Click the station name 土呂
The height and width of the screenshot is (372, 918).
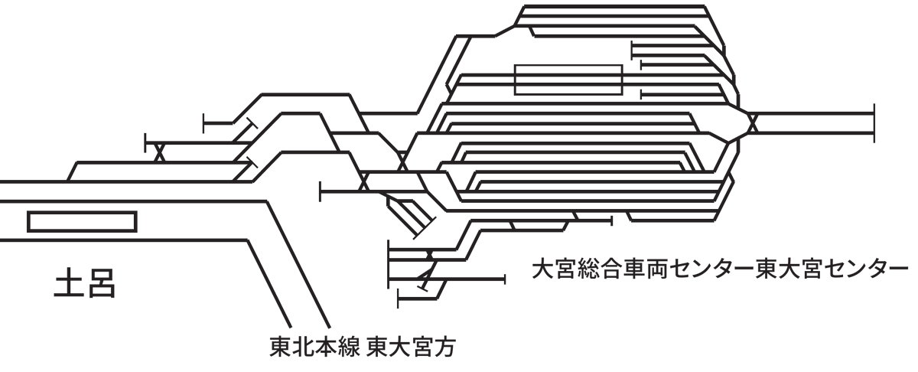click(84, 284)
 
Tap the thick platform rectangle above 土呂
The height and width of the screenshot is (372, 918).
click(82, 221)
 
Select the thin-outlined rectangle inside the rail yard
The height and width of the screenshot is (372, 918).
click(568, 80)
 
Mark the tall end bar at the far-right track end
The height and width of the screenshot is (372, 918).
click(874, 122)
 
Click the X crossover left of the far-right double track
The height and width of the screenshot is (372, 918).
click(751, 122)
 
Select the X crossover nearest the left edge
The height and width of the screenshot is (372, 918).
click(160, 152)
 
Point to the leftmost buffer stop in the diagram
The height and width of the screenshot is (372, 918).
click(146, 142)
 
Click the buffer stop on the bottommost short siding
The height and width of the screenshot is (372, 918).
click(399, 299)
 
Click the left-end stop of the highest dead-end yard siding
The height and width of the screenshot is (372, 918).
click(632, 49)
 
